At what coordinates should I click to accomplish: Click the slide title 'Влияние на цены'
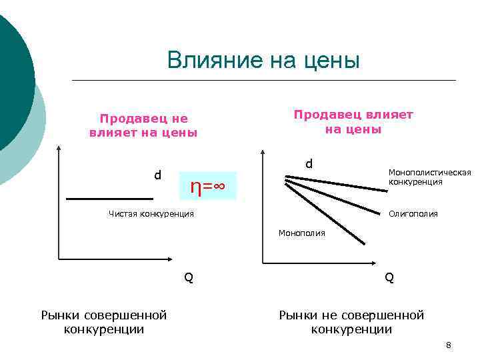point(263,60)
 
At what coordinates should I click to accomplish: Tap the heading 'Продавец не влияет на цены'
point(143,125)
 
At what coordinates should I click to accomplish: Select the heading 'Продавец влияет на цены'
point(353,121)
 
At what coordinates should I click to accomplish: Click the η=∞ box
point(209,186)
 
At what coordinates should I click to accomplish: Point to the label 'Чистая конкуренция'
point(151,214)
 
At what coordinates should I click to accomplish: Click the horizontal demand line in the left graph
point(109,199)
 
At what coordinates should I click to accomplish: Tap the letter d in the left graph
point(157,175)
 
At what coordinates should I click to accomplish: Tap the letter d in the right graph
point(309,163)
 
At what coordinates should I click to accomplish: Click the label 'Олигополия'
point(413,214)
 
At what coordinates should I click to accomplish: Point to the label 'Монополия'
point(302,233)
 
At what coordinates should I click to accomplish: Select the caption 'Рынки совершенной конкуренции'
point(104,321)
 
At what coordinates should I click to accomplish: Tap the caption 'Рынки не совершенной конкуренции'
point(351,321)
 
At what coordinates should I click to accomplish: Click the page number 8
point(449,345)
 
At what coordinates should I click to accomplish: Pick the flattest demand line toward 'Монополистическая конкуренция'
point(337,183)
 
